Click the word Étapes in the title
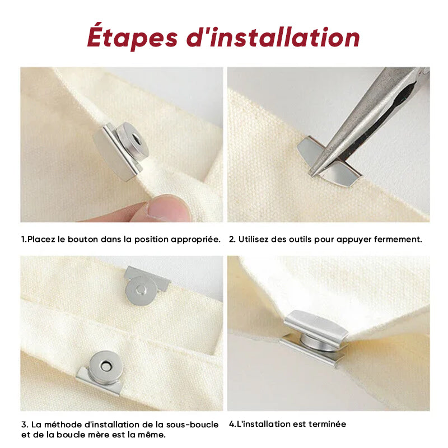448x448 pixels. (x=132, y=37)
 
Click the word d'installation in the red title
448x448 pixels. (x=273, y=37)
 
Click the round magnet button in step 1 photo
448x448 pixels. (x=133, y=141)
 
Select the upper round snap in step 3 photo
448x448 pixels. (x=141, y=291)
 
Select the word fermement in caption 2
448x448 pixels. (x=398, y=239)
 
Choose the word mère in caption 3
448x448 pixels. (x=95, y=435)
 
